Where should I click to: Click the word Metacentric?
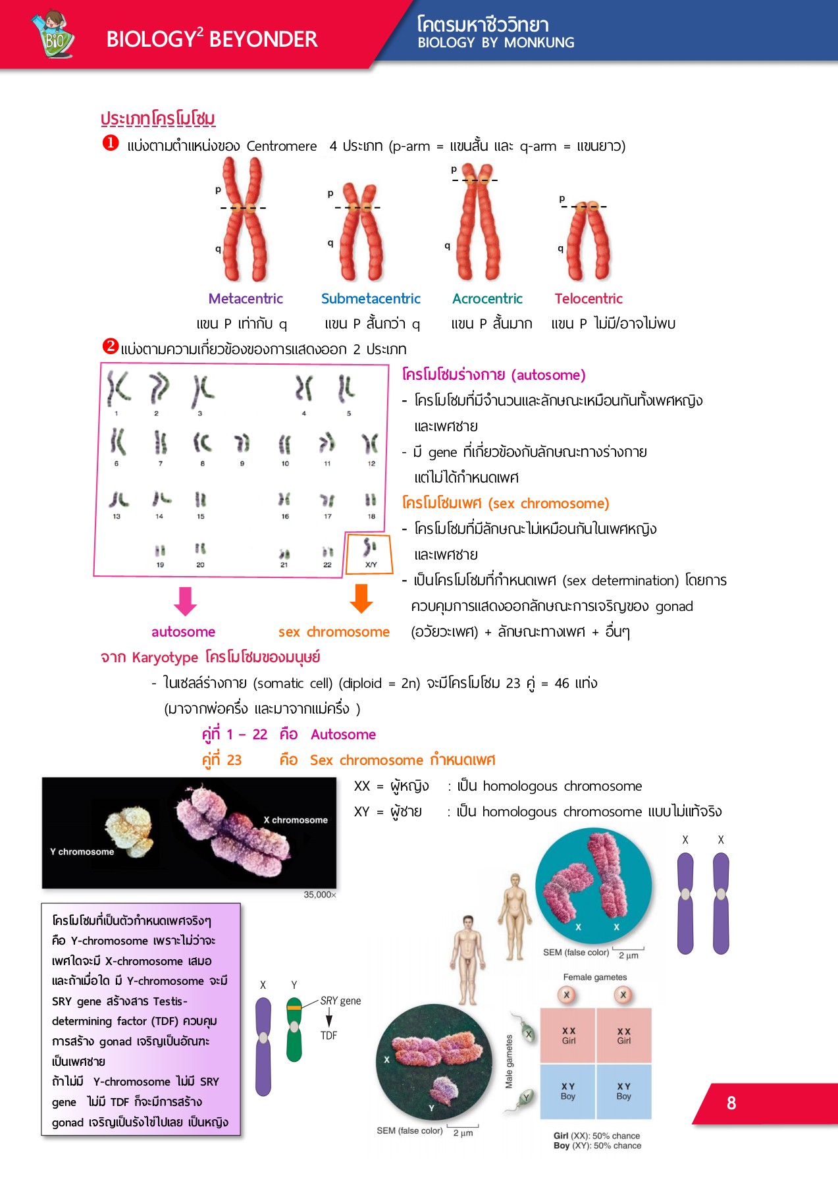(246, 299)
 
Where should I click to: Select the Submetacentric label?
(371, 299)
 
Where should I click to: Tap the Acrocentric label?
(487, 299)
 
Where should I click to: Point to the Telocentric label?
(589, 299)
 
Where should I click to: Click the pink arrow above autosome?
(185, 600)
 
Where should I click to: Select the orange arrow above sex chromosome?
(361, 598)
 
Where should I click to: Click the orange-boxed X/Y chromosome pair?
(370, 552)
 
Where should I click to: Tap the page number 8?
(731, 1103)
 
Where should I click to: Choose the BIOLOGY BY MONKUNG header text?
(496, 43)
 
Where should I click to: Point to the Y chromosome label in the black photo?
(82, 852)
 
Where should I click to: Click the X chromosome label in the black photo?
(296, 820)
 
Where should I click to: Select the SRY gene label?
(340, 1001)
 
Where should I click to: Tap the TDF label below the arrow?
(328, 1036)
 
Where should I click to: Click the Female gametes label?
(595, 977)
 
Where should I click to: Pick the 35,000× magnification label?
(320, 895)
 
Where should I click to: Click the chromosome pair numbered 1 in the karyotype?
(118, 390)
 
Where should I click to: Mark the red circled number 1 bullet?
(111, 143)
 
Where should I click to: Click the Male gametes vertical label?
(509, 1061)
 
